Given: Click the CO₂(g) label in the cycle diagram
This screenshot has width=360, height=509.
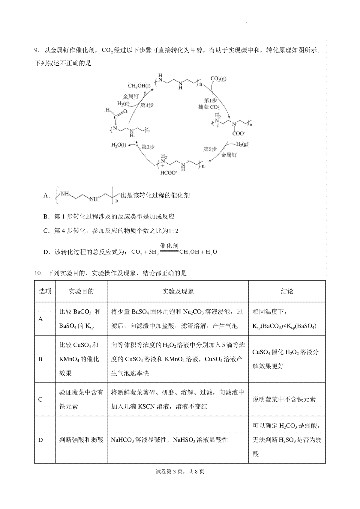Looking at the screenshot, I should tap(218, 79).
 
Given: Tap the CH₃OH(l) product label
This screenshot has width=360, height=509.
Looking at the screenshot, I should tap(139, 86).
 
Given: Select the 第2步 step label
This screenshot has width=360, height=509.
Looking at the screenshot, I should tap(210, 149).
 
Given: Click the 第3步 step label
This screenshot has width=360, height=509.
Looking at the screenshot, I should tap(148, 147).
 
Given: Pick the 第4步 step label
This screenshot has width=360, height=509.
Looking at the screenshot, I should tap(147, 105).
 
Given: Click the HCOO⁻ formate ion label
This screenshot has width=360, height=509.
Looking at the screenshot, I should tap(169, 173).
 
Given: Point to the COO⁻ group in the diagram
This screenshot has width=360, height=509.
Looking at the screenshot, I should tap(238, 134).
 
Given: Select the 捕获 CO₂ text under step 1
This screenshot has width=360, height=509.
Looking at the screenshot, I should tap(209, 107).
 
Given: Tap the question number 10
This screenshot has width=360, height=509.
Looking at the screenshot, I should tap(38, 273).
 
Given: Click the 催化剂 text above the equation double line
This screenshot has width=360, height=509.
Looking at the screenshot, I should tap(169, 246).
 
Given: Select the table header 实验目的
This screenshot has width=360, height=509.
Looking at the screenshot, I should tap(81, 291).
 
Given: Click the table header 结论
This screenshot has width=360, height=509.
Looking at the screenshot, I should tap(287, 291).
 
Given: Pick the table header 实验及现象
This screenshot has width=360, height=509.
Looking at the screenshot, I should tap(178, 291).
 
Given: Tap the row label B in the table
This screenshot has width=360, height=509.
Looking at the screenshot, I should tap(40, 359).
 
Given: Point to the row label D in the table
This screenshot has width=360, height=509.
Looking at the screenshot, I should tap(41, 440).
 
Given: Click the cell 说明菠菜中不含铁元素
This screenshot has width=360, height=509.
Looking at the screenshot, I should tap(284, 399).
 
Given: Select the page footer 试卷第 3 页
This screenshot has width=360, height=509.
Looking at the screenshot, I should tap(170, 472).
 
